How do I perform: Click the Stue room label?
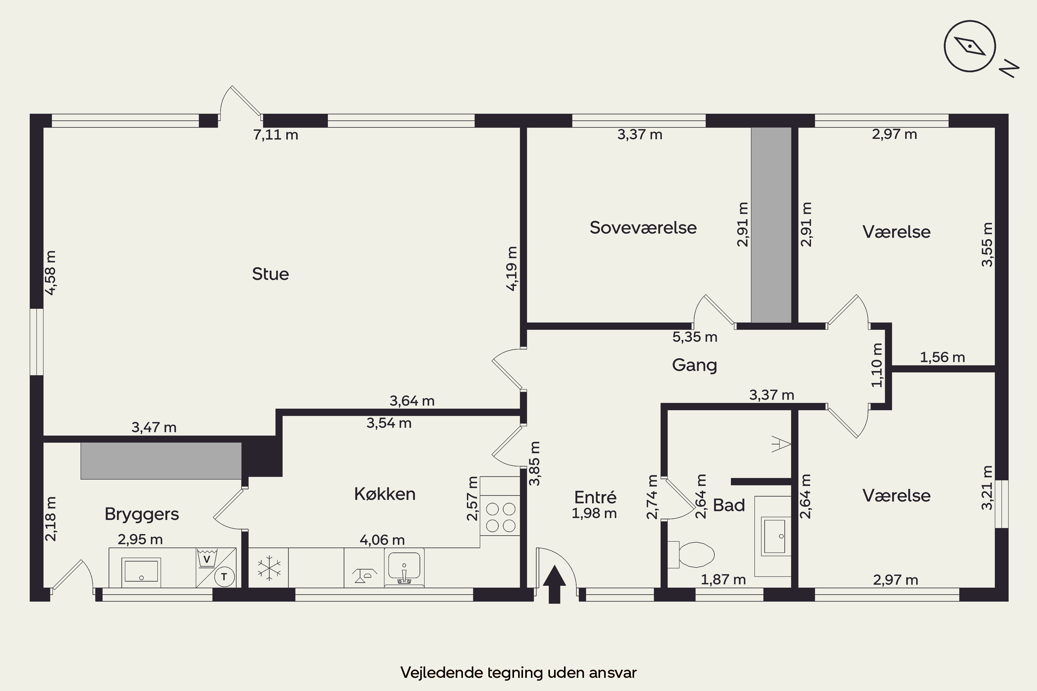pos(270,274)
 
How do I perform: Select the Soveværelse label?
pos(643,228)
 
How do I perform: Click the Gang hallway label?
pos(694,365)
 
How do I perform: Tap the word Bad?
pos(729,505)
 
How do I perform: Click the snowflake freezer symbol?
pos(269,568)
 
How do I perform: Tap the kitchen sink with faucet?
pos(404,568)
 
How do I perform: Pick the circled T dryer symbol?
pos(224,576)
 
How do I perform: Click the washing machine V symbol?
pos(206,558)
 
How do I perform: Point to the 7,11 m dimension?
pos(275,134)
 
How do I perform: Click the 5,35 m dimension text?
pos(695,337)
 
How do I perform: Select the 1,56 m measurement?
pos(942,357)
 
